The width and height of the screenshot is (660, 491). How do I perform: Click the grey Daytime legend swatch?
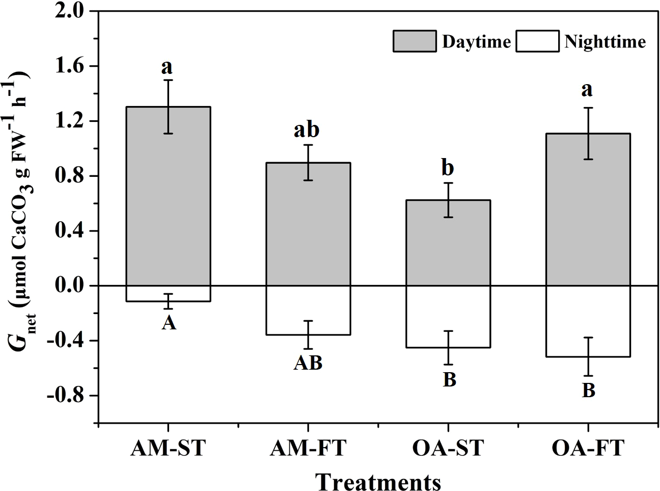[x=414, y=41]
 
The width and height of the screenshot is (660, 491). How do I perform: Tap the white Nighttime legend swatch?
[x=537, y=41]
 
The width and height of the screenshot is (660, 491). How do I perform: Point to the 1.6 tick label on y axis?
[x=71, y=66]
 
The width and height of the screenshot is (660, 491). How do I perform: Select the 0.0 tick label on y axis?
[x=71, y=286]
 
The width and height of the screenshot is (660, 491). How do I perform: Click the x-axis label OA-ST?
[x=448, y=450]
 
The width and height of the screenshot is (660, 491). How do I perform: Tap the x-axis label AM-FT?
[x=308, y=450]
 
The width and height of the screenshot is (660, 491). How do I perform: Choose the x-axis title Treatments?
[x=377, y=480]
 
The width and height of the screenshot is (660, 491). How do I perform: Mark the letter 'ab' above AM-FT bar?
[x=307, y=130]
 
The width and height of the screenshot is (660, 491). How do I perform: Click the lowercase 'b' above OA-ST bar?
[x=449, y=168]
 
